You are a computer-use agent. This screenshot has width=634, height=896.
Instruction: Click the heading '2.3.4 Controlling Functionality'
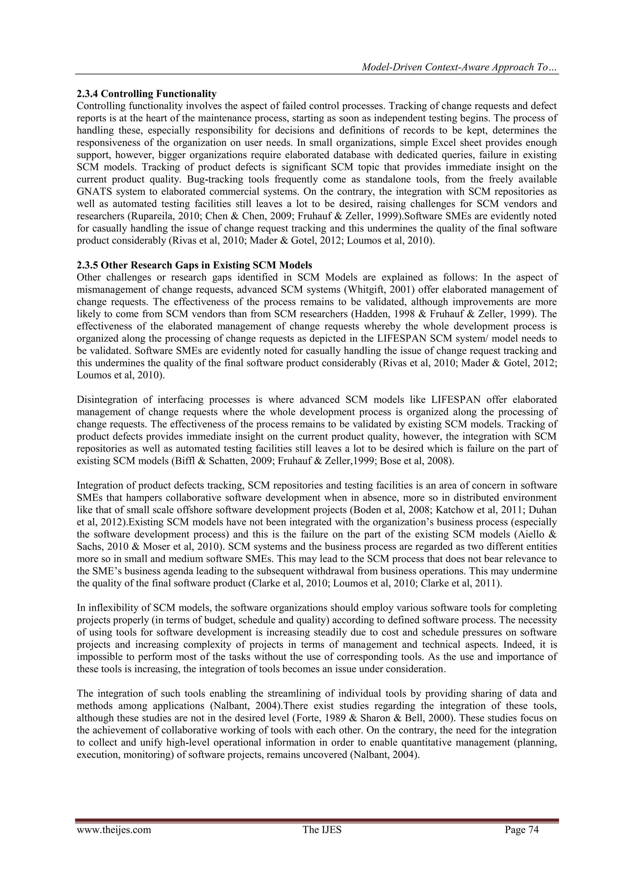(146, 94)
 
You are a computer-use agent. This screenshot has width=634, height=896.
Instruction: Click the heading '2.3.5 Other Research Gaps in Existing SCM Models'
(194, 265)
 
